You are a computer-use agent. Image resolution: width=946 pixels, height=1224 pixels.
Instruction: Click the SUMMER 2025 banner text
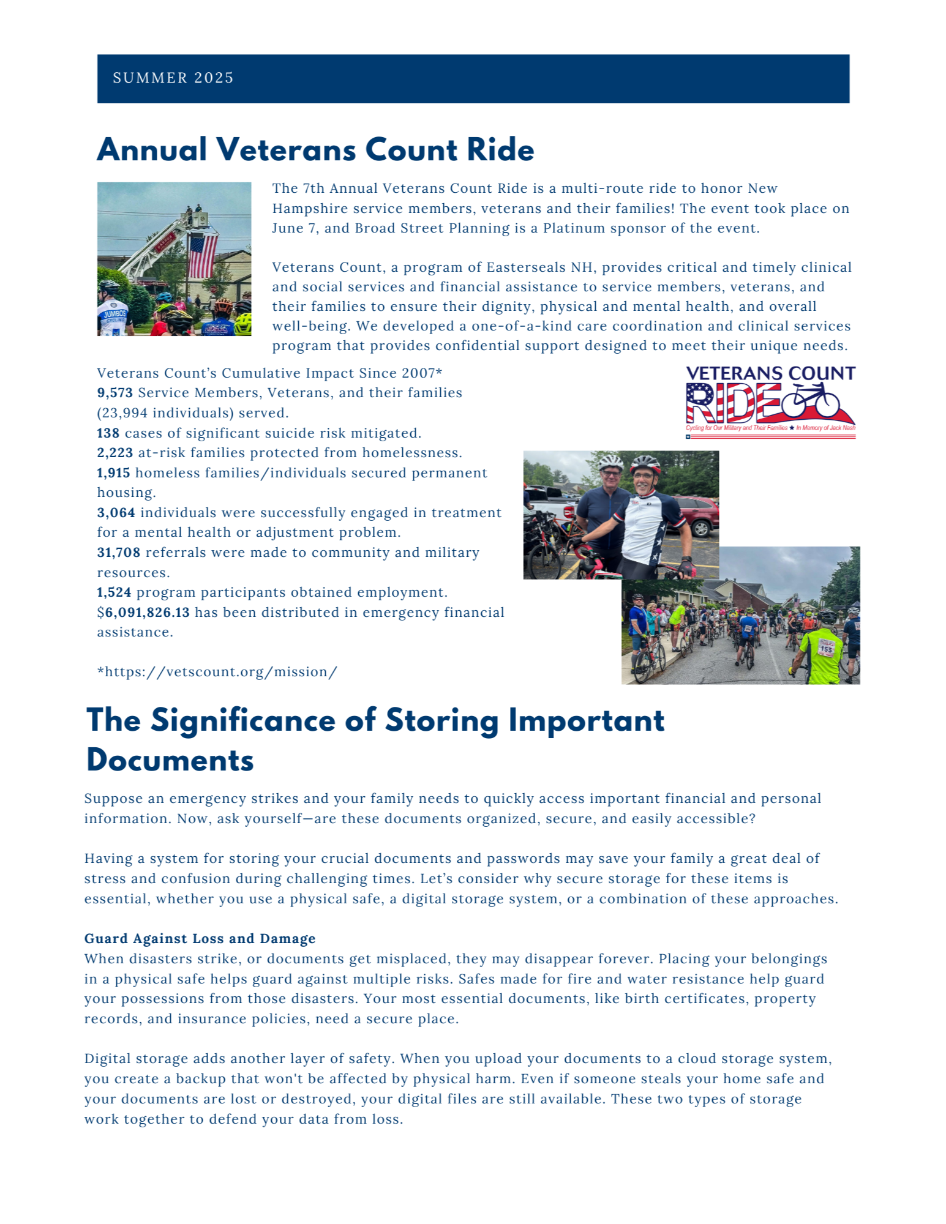[x=173, y=78]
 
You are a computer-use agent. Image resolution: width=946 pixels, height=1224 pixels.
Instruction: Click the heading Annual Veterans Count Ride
[x=315, y=150]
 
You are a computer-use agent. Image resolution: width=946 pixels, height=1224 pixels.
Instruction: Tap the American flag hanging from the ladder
[x=202, y=255]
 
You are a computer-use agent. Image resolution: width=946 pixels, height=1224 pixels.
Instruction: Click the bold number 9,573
[x=114, y=393]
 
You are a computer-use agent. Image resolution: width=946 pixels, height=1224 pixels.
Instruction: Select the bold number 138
[x=108, y=433]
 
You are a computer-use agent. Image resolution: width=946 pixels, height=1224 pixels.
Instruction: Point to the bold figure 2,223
[x=114, y=453]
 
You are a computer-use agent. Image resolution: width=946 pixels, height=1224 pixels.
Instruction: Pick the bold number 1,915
[x=113, y=473]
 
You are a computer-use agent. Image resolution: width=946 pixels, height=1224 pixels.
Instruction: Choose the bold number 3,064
[x=116, y=513]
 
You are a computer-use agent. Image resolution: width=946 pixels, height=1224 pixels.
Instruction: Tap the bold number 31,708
[x=118, y=553]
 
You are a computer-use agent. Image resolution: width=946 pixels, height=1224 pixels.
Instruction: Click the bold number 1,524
[x=114, y=592]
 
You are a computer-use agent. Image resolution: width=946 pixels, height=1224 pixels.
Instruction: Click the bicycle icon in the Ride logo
[x=811, y=401]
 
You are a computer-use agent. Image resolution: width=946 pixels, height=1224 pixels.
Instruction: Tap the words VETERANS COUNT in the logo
[x=770, y=373]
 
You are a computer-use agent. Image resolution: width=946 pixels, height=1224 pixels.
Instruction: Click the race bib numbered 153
[x=826, y=649]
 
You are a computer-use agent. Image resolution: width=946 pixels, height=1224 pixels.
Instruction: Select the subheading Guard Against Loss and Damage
[x=200, y=939]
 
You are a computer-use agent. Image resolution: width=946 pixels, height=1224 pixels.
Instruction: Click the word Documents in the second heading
[x=170, y=761]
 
